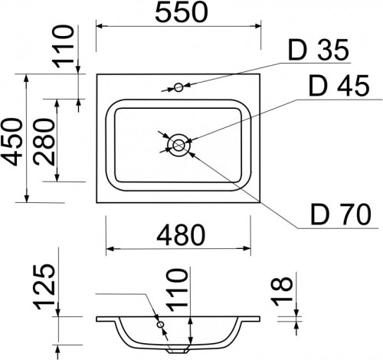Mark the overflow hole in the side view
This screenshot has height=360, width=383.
[161, 326]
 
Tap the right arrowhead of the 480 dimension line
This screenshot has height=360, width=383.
[249, 249]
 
